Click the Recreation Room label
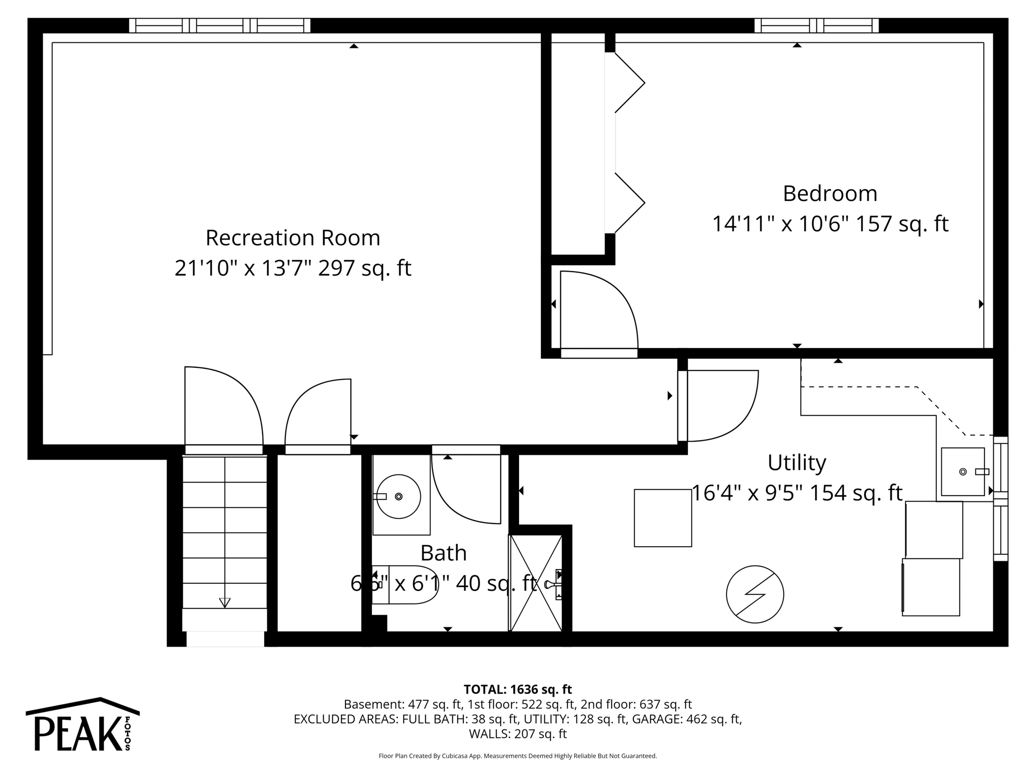click(292, 238)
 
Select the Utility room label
click(796, 462)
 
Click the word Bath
click(443, 553)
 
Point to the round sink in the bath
click(399, 496)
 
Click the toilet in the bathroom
click(405, 585)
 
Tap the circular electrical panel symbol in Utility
click(755, 594)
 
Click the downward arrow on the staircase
click(225, 602)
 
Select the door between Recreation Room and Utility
click(718, 405)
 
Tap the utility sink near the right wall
click(962, 471)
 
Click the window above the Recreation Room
click(220, 25)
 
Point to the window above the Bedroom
click(816, 25)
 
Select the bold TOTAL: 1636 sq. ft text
click(517, 689)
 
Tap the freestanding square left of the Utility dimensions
click(663, 517)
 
